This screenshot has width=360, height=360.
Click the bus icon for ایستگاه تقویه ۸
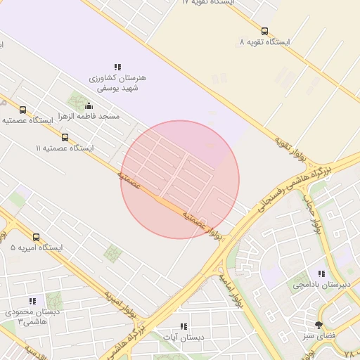coord(264,31)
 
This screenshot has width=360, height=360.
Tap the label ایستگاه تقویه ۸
coord(264,42)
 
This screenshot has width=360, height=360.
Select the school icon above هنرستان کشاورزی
coord(117,67)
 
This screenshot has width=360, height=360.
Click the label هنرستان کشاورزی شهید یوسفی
coord(117,84)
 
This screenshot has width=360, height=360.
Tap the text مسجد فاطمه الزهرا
coord(89,115)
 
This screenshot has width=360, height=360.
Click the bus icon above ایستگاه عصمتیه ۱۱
coord(65,138)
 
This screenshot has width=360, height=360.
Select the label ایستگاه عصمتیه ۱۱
coord(65,148)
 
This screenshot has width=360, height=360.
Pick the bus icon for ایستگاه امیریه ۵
coord(37,238)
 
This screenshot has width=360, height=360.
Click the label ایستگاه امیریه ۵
coord(37,248)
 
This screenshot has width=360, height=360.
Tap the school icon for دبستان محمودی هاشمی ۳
coord(32,301)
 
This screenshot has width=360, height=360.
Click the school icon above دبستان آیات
coord(184,326)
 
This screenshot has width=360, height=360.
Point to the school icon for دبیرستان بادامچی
coord(321,274)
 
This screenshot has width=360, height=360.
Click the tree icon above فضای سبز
coord(319,325)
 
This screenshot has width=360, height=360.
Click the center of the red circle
coord(180,180)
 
